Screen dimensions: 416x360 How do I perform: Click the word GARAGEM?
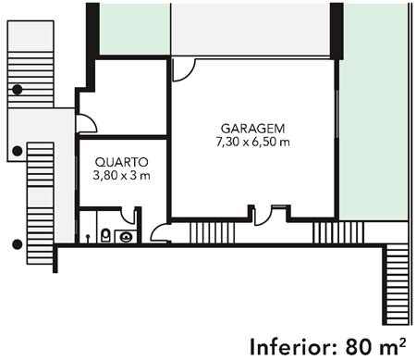point(252,129)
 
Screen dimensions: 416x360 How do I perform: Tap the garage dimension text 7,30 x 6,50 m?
point(252,143)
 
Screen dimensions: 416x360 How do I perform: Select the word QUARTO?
point(122,162)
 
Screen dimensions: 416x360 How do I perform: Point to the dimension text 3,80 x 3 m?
point(121,176)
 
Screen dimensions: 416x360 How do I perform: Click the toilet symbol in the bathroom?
point(105,235)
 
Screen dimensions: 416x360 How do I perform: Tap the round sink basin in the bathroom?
point(127,237)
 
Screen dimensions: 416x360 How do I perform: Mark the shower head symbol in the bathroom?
point(88,238)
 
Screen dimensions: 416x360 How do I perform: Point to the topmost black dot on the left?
point(18,90)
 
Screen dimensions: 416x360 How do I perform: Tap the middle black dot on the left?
point(18,151)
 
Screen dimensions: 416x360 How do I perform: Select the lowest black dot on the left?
point(18,244)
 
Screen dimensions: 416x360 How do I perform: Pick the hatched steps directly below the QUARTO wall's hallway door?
point(213,233)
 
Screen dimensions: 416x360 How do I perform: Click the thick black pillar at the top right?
point(336,31)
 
